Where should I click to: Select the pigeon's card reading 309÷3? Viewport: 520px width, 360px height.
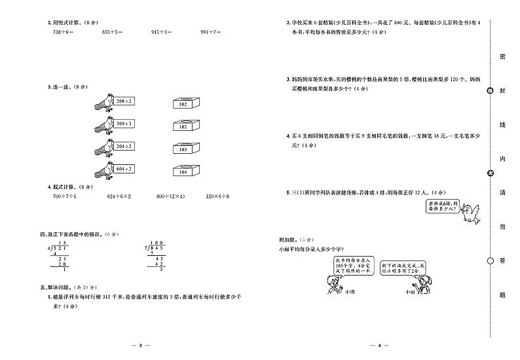pyautogui.click(x=124, y=123)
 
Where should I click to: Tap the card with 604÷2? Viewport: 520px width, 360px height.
pyautogui.click(x=124, y=169)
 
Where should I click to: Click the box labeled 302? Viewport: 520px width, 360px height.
pyautogui.click(x=183, y=104)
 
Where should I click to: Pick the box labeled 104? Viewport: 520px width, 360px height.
pyautogui.click(x=183, y=171)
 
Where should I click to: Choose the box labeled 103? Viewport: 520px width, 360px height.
pyautogui.click(x=183, y=149)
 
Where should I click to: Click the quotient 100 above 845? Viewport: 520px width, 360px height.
pyautogui.click(x=157, y=242)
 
